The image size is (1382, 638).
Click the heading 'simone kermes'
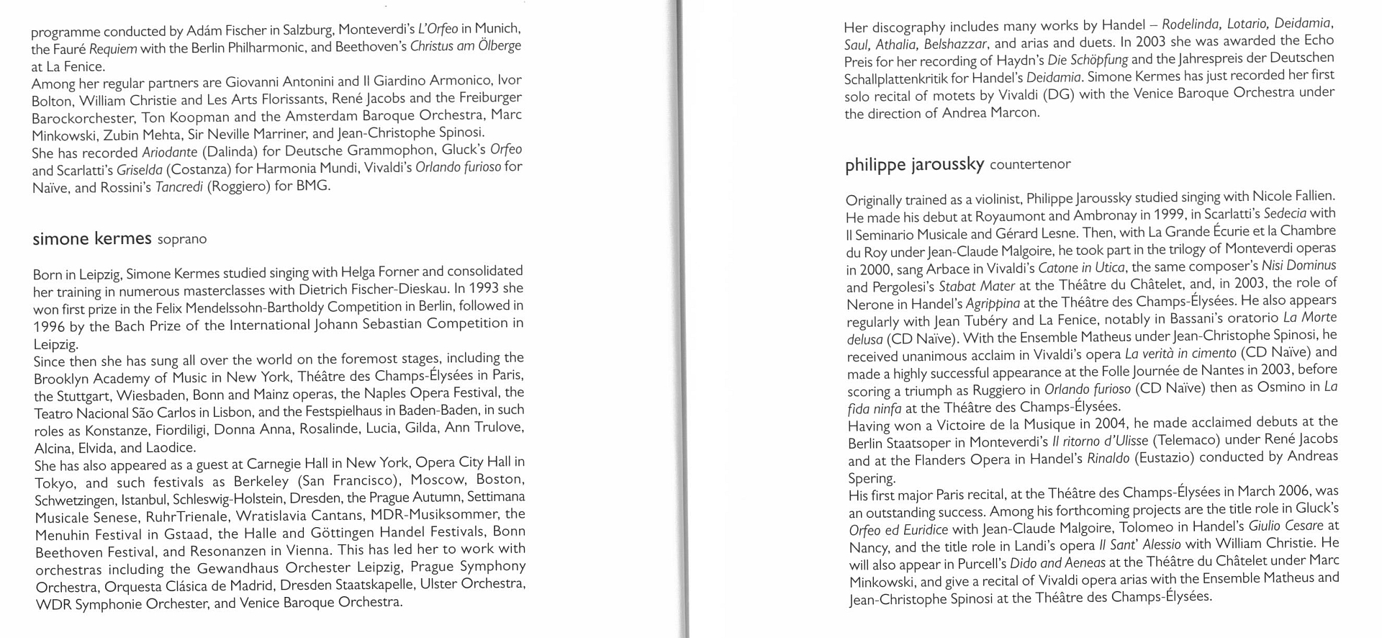point(92,238)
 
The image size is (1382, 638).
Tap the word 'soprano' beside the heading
point(182,239)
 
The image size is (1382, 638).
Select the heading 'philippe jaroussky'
point(914,164)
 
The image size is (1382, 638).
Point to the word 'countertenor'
point(1030,165)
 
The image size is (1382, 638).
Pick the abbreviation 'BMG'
point(312,186)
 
